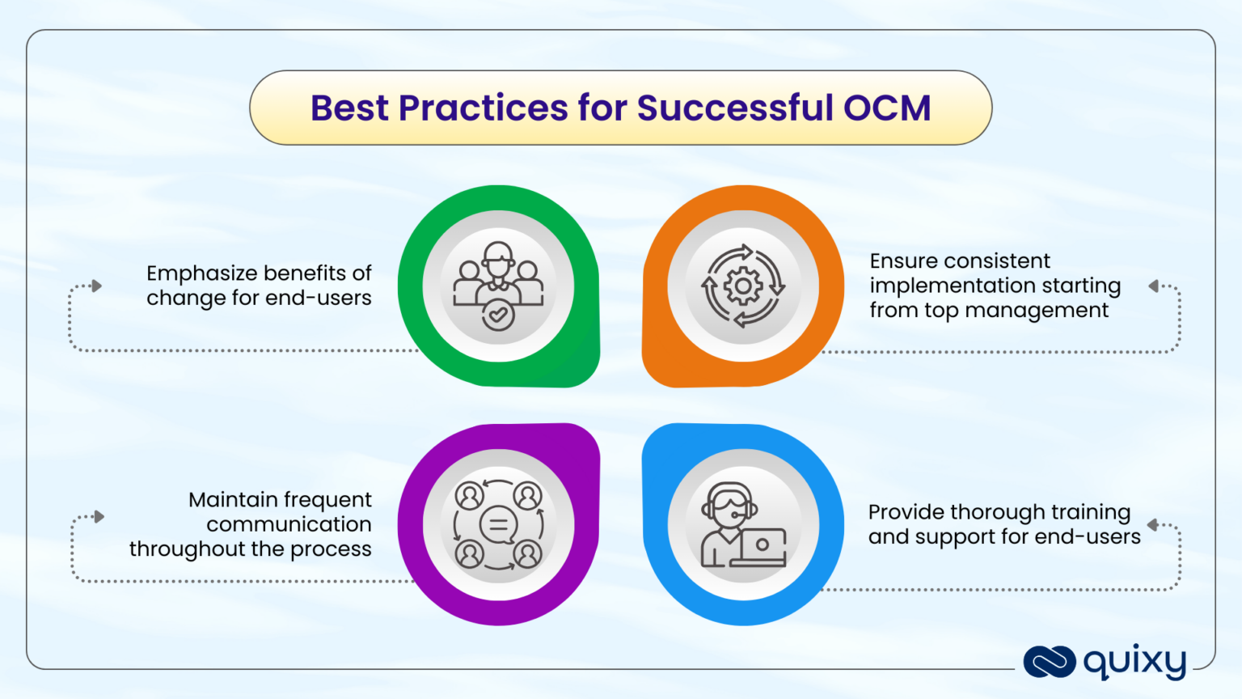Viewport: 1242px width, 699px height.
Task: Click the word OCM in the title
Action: [x=887, y=108]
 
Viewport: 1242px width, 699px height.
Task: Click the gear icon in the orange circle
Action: [x=742, y=286]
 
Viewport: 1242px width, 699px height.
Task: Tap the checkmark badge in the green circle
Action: [x=498, y=316]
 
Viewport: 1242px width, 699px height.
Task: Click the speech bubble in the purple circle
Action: [x=498, y=525]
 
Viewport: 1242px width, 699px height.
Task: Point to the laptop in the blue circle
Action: [x=762, y=546]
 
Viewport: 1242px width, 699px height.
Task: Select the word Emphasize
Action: [x=200, y=273]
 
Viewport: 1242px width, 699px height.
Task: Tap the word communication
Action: [x=289, y=524]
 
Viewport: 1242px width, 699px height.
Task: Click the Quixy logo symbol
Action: [x=1049, y=662]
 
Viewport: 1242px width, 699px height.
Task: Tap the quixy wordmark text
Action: [x=1134, y=662]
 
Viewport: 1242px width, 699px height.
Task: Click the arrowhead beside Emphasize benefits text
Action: [x=96, y=286]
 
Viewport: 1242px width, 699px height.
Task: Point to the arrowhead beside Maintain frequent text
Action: [x=99, y=516]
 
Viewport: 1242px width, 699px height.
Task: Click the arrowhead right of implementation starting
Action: [x=1154, y=286]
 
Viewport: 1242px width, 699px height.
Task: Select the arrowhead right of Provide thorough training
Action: [x=1152, y=525]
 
